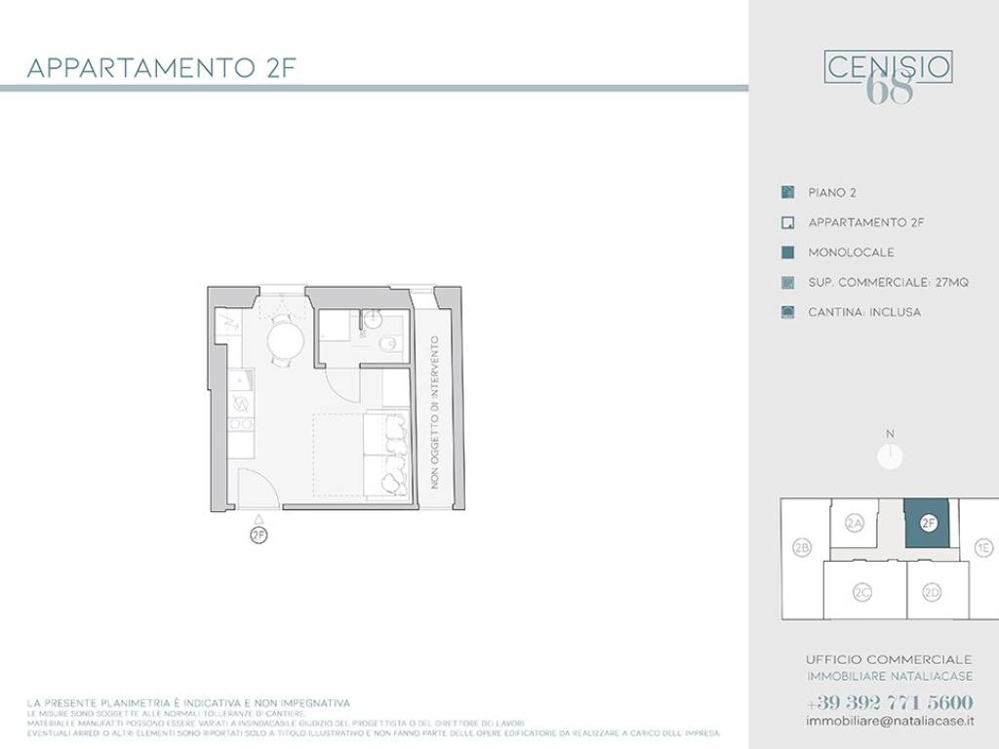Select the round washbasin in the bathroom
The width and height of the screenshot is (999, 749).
(x=372, y=319)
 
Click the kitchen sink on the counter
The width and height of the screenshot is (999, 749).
(x=242, y=379)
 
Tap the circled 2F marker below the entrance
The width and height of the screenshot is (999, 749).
(x=259, y=534)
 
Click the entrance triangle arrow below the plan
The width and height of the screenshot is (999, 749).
(x=259, y=518)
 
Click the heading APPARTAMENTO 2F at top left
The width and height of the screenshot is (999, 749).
(x=161, y=68)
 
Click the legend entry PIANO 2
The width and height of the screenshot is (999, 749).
(x=831, y=193)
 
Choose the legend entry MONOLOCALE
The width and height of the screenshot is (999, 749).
(x=851, y=253)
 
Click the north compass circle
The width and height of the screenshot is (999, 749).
(x=890, y=455)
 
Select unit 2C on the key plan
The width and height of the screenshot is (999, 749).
(x=861, y=593)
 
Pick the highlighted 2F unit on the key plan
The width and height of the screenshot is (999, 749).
(x=929, y=523)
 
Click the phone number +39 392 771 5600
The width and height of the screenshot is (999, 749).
(x=890, y=702)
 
